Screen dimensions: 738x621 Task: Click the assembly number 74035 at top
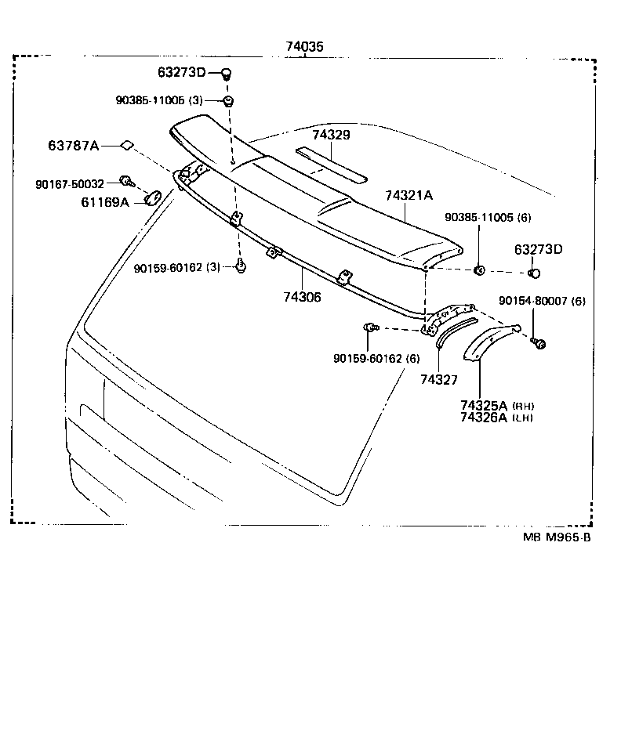pyautogui.click(x=303, y=47)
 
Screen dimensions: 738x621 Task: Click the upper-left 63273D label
pyautogui.click(x=181, y=74)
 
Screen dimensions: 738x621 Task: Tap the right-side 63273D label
pyautogui.click(x=539, y=250)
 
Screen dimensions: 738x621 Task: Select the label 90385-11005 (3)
pyautogui.click(x=159, y=101)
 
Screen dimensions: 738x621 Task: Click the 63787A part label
pyautogui.click(x=74, y=146)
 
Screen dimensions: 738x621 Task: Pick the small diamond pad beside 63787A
pyautogui.click(x=127, y=145)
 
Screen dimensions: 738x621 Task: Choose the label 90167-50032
pyautogui.click(x=70, y=183)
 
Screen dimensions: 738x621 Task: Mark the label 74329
pyautogui.click(x=331, y=135)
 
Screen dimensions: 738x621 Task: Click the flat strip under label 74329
pyautogui.click(x=331, y=165)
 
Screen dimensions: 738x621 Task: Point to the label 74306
pyautogui.click(x=303, y=298)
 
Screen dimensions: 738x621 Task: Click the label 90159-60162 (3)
pyautogui.click(x=177, y=268)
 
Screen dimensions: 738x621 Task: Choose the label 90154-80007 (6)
pyautogui.click(x=542, y=301)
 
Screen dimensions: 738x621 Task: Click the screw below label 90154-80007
pyautogui.click(x=538, y=342)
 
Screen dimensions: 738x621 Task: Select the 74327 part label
pyautogui.click(x=438, y=380)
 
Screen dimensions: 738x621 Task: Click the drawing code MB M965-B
pyautogui.click(x=557, y=537)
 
